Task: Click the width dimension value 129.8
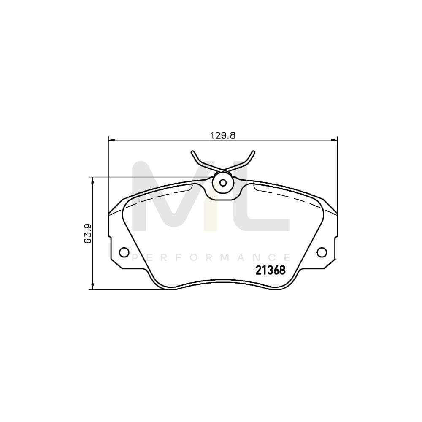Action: coord(222,135)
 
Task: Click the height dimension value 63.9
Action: coord(88,233)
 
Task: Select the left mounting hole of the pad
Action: coord(124,252)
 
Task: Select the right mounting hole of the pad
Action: coord(322,252)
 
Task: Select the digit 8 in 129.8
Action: coord(232,135)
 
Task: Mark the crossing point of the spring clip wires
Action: coord(223,170)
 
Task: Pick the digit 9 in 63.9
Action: coord(88,227)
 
